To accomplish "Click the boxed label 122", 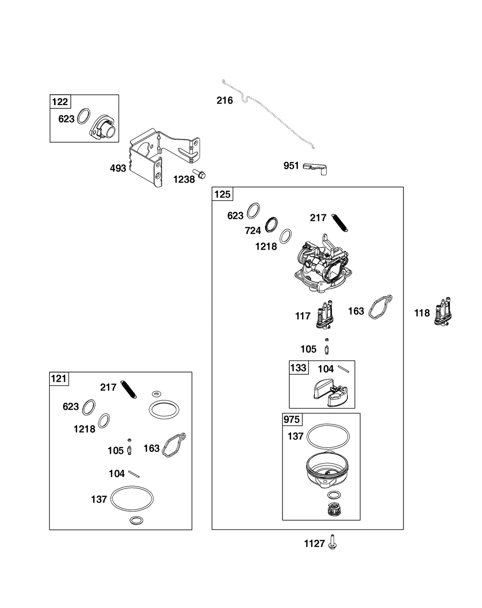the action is pyautogui.click(x=60, y=102).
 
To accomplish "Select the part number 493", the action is pyautogui.click(x=118, y=169).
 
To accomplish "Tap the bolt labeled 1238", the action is pyautogui.click(x=199, y=174).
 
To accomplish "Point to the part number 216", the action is pyautogui.click(x=225, y=100).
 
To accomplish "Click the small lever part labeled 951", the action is pyautogui.click(x=315, y=168).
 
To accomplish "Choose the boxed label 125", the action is pyautogui.click(x=223, y=194).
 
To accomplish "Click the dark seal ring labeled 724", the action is pyautogui.click(x=271, y=225).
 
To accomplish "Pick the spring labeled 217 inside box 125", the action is pyautogui.click(x=339, y=223).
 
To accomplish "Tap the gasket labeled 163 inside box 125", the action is pyautogui.click(x=380, y=307).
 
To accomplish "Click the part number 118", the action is pyautogui.click(x=422, y=313).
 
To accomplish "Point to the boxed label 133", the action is pyautogui.click(x=298, y=368).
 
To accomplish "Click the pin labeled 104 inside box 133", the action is pyautogui.click(x=344, y=369).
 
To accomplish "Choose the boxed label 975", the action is pyautogui.click(x=292, y=420).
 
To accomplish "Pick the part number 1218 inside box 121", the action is pyautogui.click(x=84, y=429).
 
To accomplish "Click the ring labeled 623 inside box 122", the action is pyautogui.click(x=84, y=116).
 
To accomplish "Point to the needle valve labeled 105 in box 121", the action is pyautogui.click(x=130, y=448).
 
